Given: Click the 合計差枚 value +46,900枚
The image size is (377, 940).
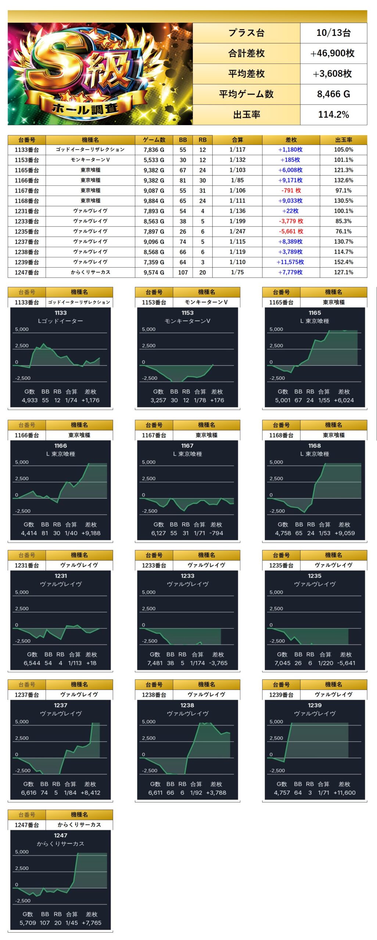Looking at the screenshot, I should pyautogui.click(x=333, y=53).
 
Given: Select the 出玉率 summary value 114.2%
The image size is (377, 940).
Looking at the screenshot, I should pyautogui.click(x=333, y=115).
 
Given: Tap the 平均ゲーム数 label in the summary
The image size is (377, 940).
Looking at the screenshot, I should pyautogui.click(x=246, y=94).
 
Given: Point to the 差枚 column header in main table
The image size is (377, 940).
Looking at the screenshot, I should pyautogui.click(x=291, y=140).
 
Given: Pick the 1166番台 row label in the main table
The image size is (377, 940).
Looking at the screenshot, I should pyautogui.click(x=27, y=180).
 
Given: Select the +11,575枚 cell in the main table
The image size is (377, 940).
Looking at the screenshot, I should pyautogui.click(x=290, y=262).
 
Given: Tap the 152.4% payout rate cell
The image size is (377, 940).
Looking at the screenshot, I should pyautogui.click(x=343, y=262).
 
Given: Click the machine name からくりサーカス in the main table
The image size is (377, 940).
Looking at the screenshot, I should pyautogui.click(x=90, y=272).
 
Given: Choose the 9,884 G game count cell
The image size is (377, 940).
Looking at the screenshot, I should pyautogui.click(x=154, y=201).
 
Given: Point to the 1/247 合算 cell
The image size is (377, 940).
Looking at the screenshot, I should pyautogui.click(x=237, y=231).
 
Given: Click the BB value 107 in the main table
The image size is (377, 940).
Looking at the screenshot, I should pyautogui.click(x=183, y=272).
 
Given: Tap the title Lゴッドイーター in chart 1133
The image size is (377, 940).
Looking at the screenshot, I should pyautogui.click(x=61, y=321).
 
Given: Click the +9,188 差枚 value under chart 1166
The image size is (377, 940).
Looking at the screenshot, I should pyautogui.click(x=91, y=533).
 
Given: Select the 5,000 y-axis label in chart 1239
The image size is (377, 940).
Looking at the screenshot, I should pyautogui.click(x=276, y=722).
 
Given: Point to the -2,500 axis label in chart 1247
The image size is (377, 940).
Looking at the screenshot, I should pyautogui.click(x=23, y=901).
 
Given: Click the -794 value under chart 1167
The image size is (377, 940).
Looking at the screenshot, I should pyautogui.click(x=216, y=533).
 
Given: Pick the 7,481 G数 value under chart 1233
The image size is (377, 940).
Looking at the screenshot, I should pyautogui.click(x=155, y=663).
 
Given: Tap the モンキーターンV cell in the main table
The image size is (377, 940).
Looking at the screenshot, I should pyautogui.click(x=90, y=160).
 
